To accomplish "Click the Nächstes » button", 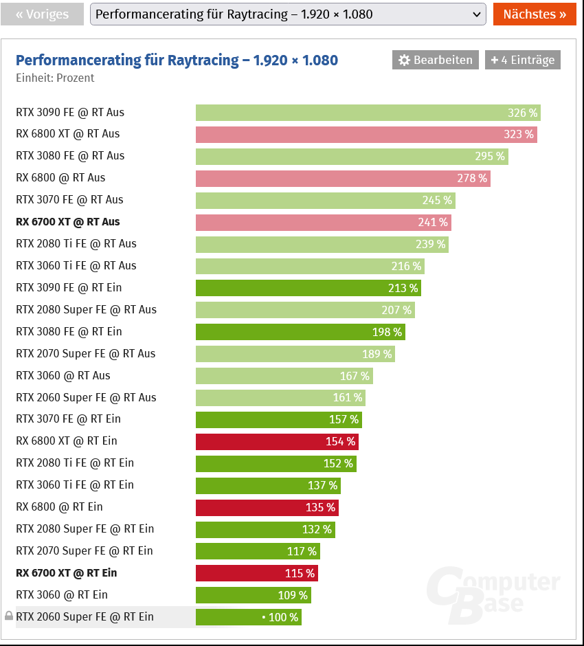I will [x=534, y=14].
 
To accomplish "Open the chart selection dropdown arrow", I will [x=476, y=14].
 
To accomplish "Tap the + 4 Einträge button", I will [x=522, y=60].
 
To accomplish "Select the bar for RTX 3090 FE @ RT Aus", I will [x=368, y=113].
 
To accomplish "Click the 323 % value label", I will [x=519, y=135].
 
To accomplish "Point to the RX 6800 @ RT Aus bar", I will [x=342, y=179].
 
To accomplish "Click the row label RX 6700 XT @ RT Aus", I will [x=68, y=222].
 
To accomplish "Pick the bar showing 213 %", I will [x=308, y=288].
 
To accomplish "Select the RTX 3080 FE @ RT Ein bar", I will [x=300, y=332].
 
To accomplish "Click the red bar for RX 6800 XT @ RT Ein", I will [x=277, y=441].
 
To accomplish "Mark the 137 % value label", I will [x=322, y=485].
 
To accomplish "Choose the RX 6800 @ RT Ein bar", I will [x=267, y=507].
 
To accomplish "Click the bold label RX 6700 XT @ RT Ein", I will [x=67, y=573].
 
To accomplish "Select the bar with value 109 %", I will [x=253, y=595].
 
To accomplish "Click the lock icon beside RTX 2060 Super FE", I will [x=8, y=616].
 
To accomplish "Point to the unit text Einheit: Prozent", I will [x=55, y=78].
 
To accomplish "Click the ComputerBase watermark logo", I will [x=493, y=592].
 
